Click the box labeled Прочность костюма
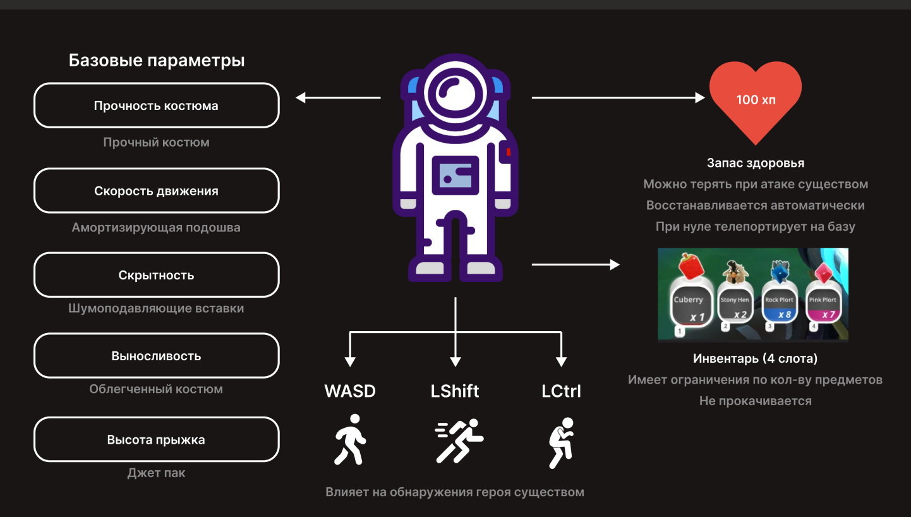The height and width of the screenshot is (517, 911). [x=156, y=106]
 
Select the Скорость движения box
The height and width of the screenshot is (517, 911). [x=156, y=191]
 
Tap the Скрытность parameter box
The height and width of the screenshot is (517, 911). [x=156, y=276]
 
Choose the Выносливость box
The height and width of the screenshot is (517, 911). [x=156, y=356]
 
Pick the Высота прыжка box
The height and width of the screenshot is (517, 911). [x=156, y=440]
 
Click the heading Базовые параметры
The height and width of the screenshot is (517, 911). [x=157, y=61]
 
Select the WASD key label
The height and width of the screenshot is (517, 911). [x=350, y=391]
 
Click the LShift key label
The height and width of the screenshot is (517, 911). [x=455, y=391]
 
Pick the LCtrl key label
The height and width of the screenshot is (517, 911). [x=561, y=391]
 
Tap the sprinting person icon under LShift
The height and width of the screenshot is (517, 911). [x=459, y=440]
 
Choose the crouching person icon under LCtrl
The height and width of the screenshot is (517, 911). [x=561, y=442]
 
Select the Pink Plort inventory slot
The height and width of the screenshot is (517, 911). [x=823, y=307]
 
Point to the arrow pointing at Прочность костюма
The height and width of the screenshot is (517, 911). [x=338, y=97]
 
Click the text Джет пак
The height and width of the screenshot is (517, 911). [x=156, y=473]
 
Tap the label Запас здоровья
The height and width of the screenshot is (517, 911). [x=756, y=163]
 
